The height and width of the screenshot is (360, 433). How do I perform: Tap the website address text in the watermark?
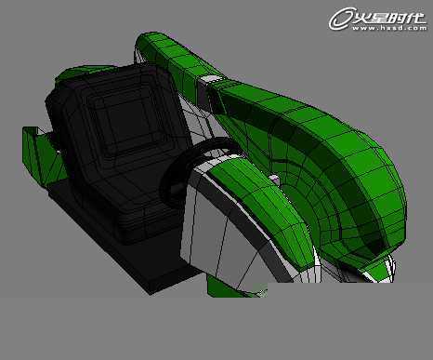point(389,28)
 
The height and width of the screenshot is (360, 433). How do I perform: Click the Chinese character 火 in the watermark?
point(362,18)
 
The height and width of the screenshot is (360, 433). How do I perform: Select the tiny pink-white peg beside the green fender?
point(274,180)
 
